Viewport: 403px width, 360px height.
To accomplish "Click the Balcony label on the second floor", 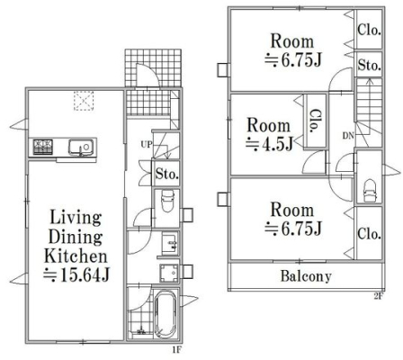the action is click(x=306, y=276).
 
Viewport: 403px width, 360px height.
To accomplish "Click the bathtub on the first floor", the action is click(x=166, y=313).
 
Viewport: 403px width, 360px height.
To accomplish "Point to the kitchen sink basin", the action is click(x=81, y=148).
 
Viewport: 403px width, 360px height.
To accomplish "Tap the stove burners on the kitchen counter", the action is click(x=43, y=147).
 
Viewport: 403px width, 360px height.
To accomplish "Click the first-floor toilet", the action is click(x=167, y=202).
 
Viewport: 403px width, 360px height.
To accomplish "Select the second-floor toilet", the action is click(x=369, y=191).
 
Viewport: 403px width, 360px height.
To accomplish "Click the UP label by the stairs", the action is click(x=147, y=145).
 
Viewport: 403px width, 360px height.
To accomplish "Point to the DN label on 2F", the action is click(x=348, y=136).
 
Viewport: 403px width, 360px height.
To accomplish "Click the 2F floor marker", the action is click(x=379, y=296).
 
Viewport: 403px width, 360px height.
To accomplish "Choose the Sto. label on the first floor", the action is click(x=167, y=174).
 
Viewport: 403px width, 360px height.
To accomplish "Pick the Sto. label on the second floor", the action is click(x=369, y=65).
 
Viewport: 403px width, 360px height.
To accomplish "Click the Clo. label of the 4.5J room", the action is click(x=315, y=121).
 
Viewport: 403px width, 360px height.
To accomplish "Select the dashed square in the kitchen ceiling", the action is click(x=84, y=101).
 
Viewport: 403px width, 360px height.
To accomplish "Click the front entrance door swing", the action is click(x=148, y=75).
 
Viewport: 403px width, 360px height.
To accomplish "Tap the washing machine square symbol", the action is click(x=169, y=273).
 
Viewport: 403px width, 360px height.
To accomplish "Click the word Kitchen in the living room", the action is click(x=76, y=256).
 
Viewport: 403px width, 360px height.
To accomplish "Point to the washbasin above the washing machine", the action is click(x=170, y=244).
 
